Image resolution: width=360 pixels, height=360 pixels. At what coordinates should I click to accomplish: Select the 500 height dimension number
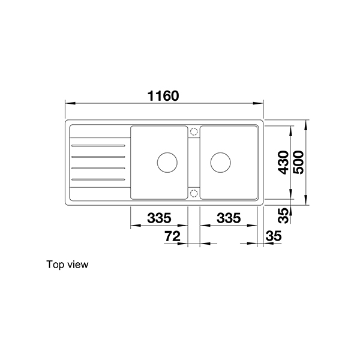[x=299, y=162]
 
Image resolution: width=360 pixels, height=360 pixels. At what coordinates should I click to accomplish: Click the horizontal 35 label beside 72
[x=273, y=236]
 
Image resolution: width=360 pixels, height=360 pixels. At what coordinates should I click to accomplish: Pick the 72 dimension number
[x=172, y=236]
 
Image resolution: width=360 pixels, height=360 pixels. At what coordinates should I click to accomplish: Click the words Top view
[x=67, y=264]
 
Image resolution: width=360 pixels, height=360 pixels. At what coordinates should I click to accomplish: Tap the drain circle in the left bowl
[x=166, y=162]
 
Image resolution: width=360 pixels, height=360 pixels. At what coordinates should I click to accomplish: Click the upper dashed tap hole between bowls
[x=194, y=131]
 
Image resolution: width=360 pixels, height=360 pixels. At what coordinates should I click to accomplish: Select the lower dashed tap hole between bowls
[x=194, y=193]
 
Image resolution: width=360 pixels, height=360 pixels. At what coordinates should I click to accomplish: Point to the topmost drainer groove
[x=98, y=145]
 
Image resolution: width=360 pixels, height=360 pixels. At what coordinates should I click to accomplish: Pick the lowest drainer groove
[x=98, y=179]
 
